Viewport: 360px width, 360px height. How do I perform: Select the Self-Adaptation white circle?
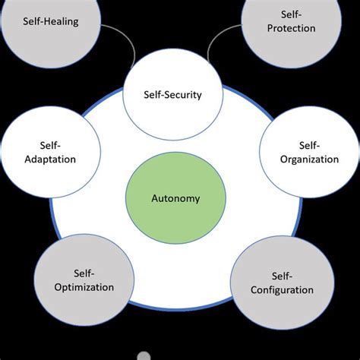(49, 152)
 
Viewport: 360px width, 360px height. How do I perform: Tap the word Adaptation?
(49, 159)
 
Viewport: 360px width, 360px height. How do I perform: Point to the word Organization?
(309, 159)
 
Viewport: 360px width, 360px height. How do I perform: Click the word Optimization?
(85, 287)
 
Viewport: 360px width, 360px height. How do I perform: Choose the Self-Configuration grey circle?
(281, 282)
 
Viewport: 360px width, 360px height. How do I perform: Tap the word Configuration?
(281, 289)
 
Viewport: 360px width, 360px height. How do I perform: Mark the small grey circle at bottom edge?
(144, 355)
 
